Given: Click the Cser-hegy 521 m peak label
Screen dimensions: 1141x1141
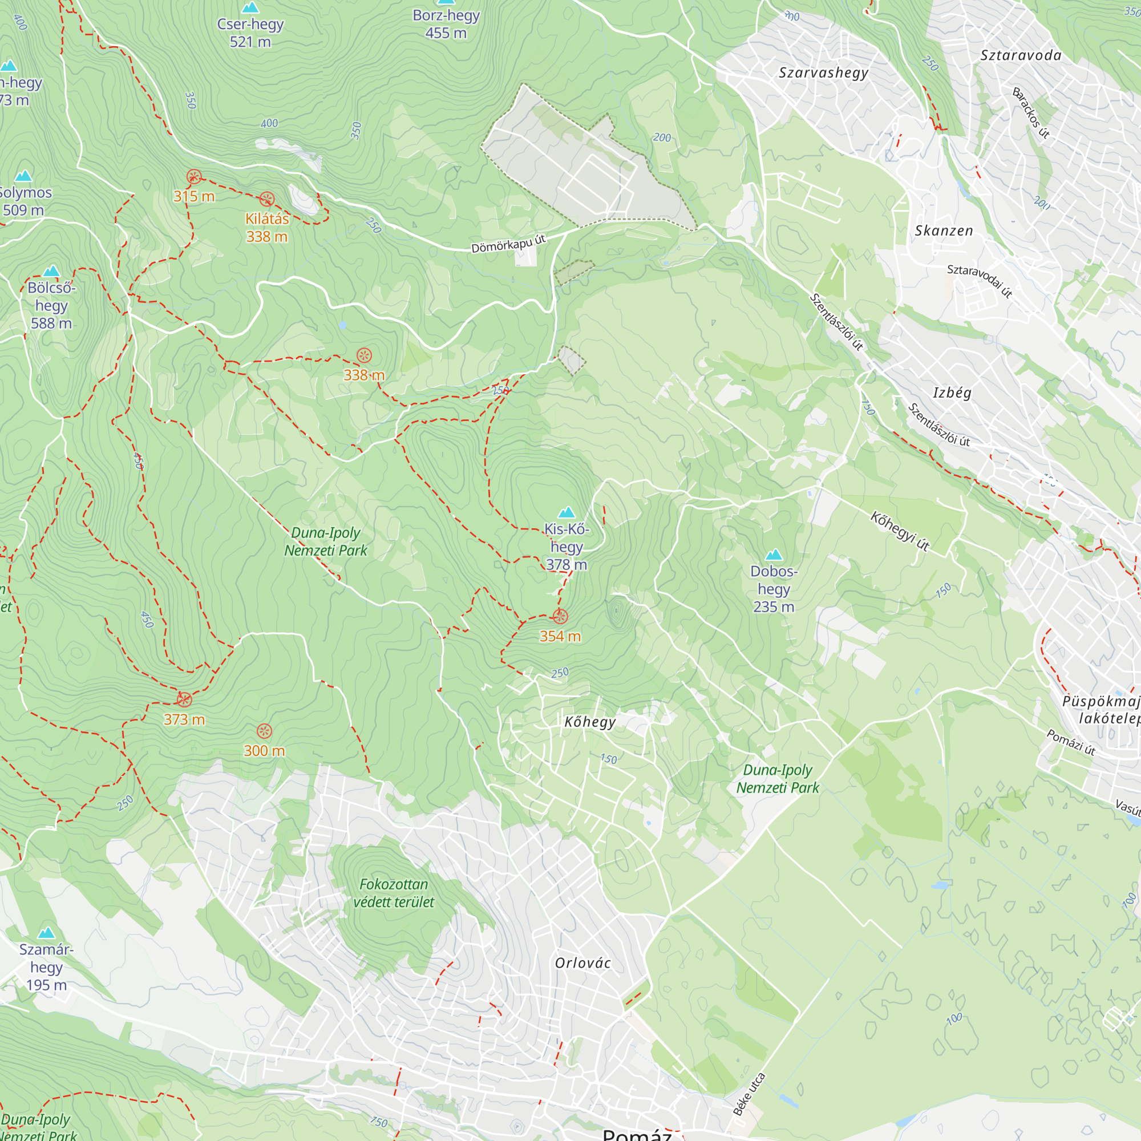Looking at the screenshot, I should click(250, 33).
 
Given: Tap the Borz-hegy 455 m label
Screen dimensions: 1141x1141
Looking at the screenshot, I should click(446, 24).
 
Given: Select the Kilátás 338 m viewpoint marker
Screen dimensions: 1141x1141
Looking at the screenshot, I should click(267, 199).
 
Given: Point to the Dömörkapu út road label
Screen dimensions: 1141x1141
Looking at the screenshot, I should click(508, 244).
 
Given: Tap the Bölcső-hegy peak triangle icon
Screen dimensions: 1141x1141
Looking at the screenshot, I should click(51, 271).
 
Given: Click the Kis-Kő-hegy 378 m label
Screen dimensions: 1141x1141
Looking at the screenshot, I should click(567, 547).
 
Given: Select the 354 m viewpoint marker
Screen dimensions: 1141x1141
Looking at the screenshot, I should click(560, 617).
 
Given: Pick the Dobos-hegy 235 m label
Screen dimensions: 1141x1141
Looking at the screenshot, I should click(774, 589).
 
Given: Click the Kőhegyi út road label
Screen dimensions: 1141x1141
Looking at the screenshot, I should click(900, 532).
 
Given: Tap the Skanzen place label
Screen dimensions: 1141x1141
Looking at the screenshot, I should click(944, 231).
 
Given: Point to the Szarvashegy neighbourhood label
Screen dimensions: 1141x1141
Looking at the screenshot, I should click(823, 72).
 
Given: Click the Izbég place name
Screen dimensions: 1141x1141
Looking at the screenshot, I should click(952, 393).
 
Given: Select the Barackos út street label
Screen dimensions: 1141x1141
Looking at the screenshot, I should click(1031, 113).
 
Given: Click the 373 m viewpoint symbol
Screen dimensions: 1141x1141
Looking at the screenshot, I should click(184, 700).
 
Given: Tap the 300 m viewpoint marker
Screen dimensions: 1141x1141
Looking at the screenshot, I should click(265, 731).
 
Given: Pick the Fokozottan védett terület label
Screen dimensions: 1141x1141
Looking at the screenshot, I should click(394, 893).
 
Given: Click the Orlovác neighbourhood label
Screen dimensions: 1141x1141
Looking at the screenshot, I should click(583, 963).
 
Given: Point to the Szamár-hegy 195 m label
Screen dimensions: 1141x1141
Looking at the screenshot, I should click(46, 967).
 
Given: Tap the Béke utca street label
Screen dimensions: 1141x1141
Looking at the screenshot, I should click(750, 1094).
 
